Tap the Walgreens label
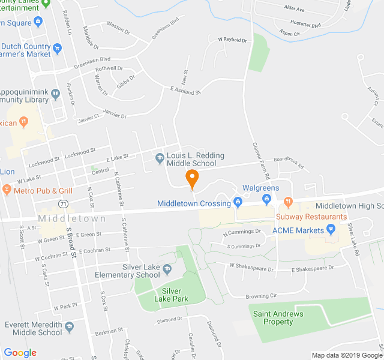pos(260,188)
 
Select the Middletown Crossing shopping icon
pos(238,202)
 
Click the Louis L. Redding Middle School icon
pos(160,159)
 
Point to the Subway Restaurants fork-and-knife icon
pos(288,202)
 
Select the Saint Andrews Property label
pos(278,317)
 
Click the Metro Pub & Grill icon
pos(7,191)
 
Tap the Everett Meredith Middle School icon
pos(70,327)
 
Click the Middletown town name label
pos(72,218)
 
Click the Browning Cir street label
pos(262,296)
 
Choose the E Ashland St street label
pos(185,91)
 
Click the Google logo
pos(20,353)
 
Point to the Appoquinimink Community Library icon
pos(55,94)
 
